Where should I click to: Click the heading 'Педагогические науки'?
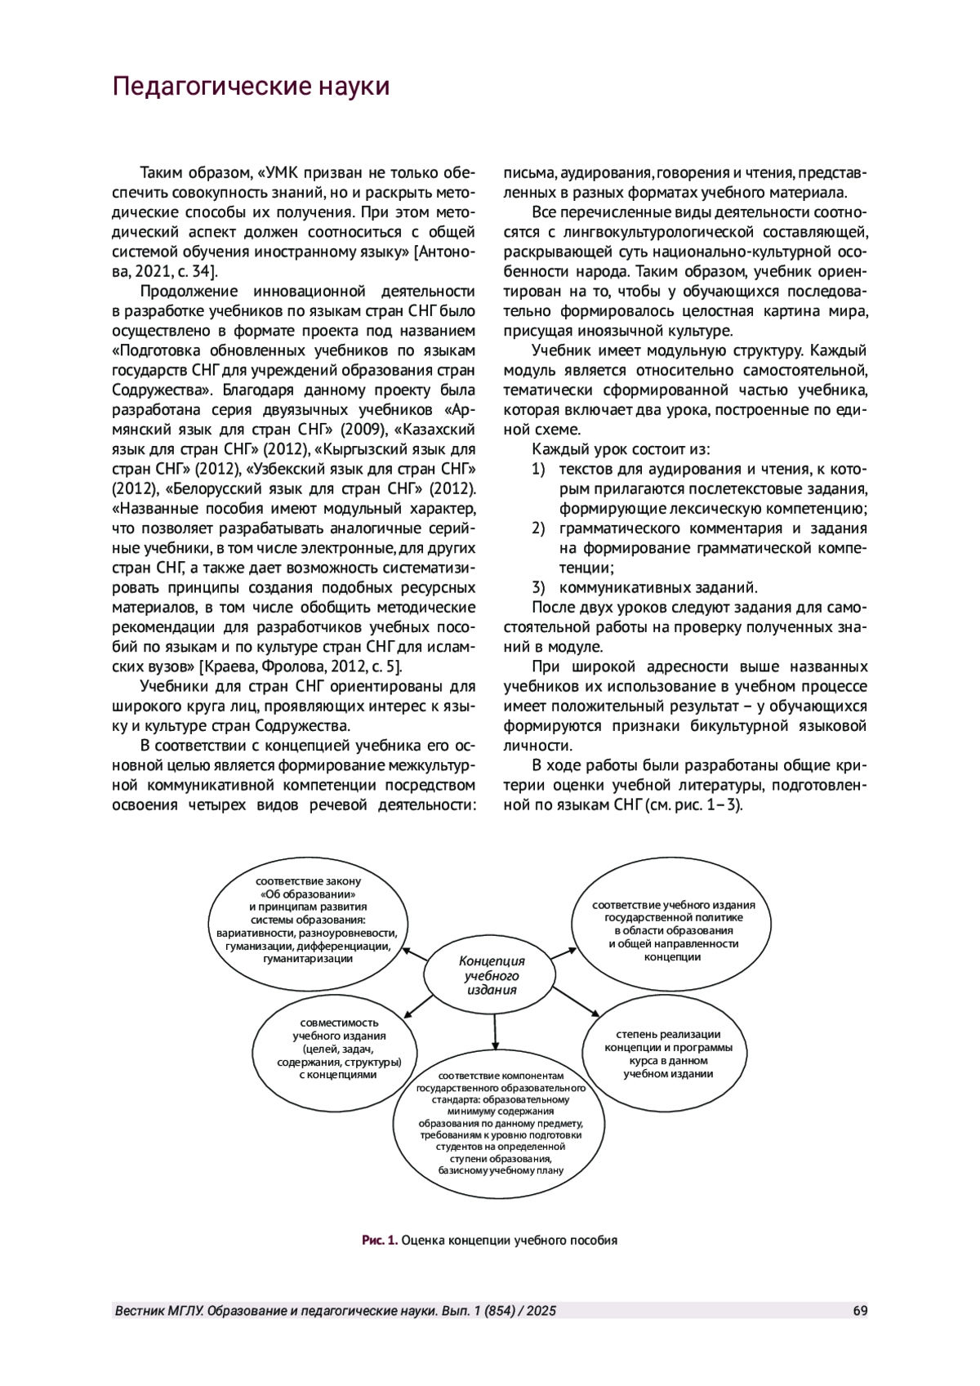251,87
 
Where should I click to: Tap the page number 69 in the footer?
860,1311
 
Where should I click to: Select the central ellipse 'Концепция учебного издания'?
492,975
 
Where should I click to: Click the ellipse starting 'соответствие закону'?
308,920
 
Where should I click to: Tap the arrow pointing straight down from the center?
495,1031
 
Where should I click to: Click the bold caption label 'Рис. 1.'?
380,1240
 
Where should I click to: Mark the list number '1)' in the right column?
538,469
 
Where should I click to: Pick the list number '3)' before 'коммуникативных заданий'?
538,586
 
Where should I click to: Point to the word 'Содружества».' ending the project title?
156,390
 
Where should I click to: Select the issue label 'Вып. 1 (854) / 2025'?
499,1311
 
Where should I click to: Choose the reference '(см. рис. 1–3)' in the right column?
693,804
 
